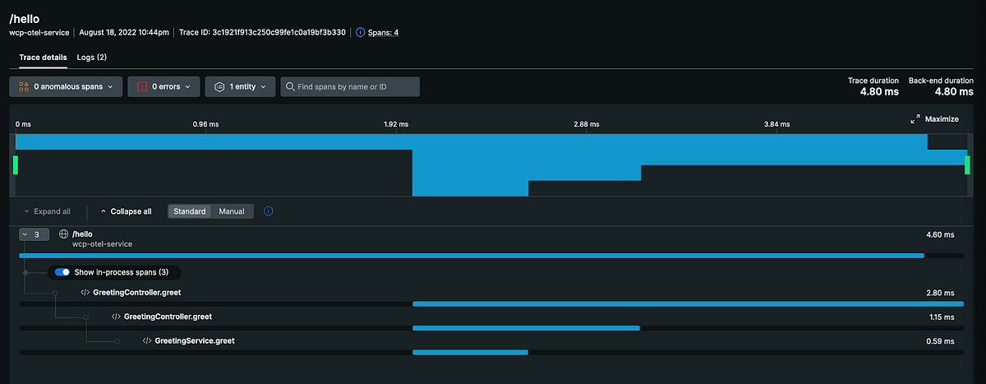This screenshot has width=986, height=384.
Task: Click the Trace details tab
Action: (x=43, y=58)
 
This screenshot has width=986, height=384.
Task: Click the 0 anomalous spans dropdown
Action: (x=66, y=86)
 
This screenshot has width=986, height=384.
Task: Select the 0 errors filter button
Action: (x=164, y=86)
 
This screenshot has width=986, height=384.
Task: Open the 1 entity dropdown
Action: (x=240, y=86)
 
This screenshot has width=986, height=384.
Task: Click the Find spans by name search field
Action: (x=353, y=86)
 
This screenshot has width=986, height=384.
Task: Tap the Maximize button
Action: (x=935, y=119)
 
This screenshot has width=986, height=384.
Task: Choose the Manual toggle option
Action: (x=232, y=211)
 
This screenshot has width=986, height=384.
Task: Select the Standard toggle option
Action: (x=190, y=211)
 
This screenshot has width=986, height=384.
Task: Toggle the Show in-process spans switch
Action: (x=62, y=272)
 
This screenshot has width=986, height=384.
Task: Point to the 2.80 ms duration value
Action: (x=939, y=293)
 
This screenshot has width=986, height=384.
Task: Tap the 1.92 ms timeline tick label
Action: (x=397, y=124)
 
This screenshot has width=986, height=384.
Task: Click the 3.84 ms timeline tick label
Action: (x=776, y=124)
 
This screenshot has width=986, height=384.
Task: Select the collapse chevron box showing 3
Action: (x=34, y=234)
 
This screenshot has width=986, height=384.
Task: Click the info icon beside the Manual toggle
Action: (x=269, y=211)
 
